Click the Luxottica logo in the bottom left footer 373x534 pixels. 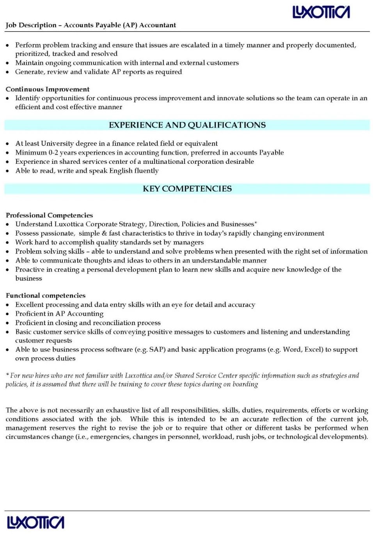(36, 522)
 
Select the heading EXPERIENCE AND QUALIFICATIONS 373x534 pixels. (187, 125)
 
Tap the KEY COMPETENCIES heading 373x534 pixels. (187, 189)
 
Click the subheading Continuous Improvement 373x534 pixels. (48, 89)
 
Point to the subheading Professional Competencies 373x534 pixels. (49, 215)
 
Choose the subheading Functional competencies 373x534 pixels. (46, 296)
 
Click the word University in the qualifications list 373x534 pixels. (57, 144)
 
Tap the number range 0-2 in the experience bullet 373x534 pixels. (53, 153)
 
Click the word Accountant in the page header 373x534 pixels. (158, 25)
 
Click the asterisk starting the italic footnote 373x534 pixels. (7, 375)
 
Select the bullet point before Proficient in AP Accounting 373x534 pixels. (8, 314)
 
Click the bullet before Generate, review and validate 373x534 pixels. (8, 72)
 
